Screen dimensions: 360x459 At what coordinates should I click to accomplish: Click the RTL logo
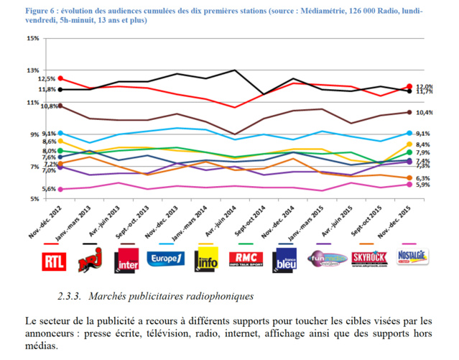click(x=54, y=263)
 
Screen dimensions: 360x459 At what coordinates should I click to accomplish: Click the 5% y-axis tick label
click(x=34, y=199)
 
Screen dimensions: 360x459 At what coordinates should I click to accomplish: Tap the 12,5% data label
click(x=47, y=78)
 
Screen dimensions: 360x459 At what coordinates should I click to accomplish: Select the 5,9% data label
click(x=423, y=185)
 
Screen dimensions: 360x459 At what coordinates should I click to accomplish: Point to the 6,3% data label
click(x=423, y=177)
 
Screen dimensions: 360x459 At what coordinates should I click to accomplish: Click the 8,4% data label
click(x=423, y=144)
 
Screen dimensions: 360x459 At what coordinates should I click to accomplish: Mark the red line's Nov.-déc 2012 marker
click(x=60, y=78)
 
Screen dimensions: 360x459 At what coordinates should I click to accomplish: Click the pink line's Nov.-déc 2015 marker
click(x=409, y=184)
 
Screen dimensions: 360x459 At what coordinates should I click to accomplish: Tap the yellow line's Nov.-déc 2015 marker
click(x=409, y=144)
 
